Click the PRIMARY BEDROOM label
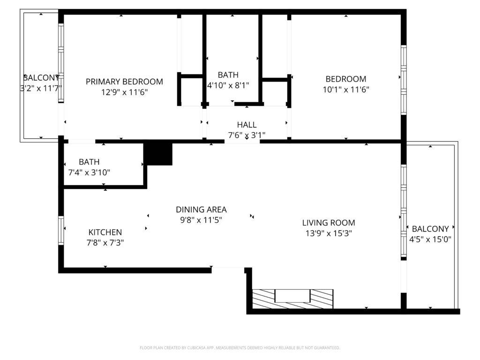(124, 82)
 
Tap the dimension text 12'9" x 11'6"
(124, 92)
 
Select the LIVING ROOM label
(328, 223)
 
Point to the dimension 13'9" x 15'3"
(328, 233)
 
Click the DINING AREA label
(201, 210)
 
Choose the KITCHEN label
(105, 232)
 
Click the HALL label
(247, 125)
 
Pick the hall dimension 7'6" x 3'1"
(247, 135)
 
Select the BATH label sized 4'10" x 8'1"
(228, 75)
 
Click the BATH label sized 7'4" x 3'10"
(89, 162)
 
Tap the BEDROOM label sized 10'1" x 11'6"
(346, 79)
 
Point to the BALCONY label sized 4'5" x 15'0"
(430, 229)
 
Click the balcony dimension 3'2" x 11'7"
(41, 88)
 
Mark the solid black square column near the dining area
(158, 154)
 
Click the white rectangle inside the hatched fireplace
(292, 296)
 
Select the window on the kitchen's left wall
(61, 230)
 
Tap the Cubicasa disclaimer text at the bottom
(240, 348)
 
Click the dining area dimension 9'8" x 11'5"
(201, 220)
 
